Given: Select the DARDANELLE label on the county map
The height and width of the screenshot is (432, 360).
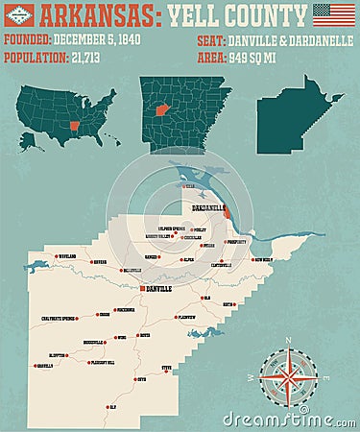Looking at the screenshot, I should (207, 207).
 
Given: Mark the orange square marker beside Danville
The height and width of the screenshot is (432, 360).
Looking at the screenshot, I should (141, 288).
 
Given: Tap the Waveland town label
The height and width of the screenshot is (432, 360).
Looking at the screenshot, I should (65, 257).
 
